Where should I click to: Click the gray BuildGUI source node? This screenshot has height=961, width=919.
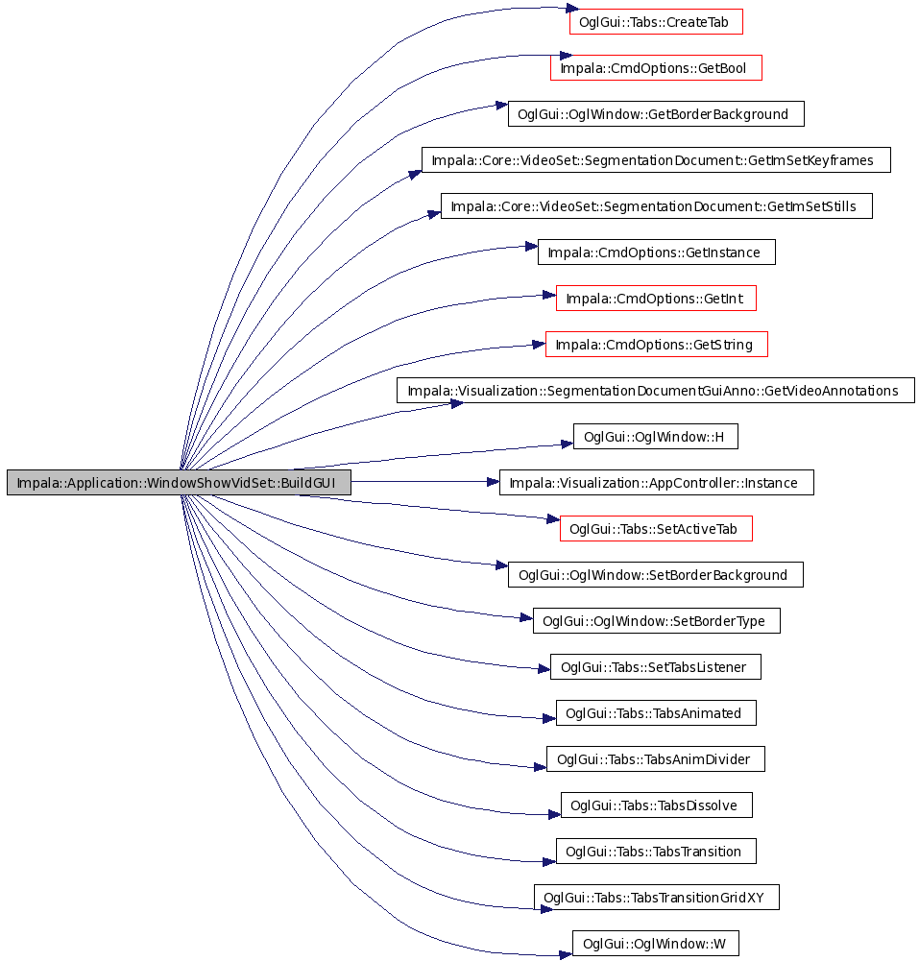coord(179,482)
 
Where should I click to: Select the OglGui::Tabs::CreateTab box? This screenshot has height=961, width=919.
coord(655,21)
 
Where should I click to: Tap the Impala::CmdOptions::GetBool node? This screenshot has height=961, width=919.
coord(656,67)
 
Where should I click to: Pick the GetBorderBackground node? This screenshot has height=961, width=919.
coord(656,114)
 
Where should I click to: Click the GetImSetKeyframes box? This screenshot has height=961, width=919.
coord(656,160)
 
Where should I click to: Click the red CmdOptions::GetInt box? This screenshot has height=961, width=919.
coord(656,298)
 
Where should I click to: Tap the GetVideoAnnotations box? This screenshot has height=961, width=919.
coord(656,391)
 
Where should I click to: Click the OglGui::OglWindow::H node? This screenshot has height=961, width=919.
coord(655,437)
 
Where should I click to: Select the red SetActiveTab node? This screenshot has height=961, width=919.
coord(656,528)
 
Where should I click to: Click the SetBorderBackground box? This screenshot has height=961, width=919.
coord(655,575)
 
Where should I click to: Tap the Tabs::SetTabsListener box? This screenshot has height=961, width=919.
coord(656,667)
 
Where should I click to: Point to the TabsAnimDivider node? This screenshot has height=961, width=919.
coord(656,758)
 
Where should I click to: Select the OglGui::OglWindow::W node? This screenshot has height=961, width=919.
coord(655,943)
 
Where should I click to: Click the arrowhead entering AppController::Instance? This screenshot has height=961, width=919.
coord(493,482)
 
